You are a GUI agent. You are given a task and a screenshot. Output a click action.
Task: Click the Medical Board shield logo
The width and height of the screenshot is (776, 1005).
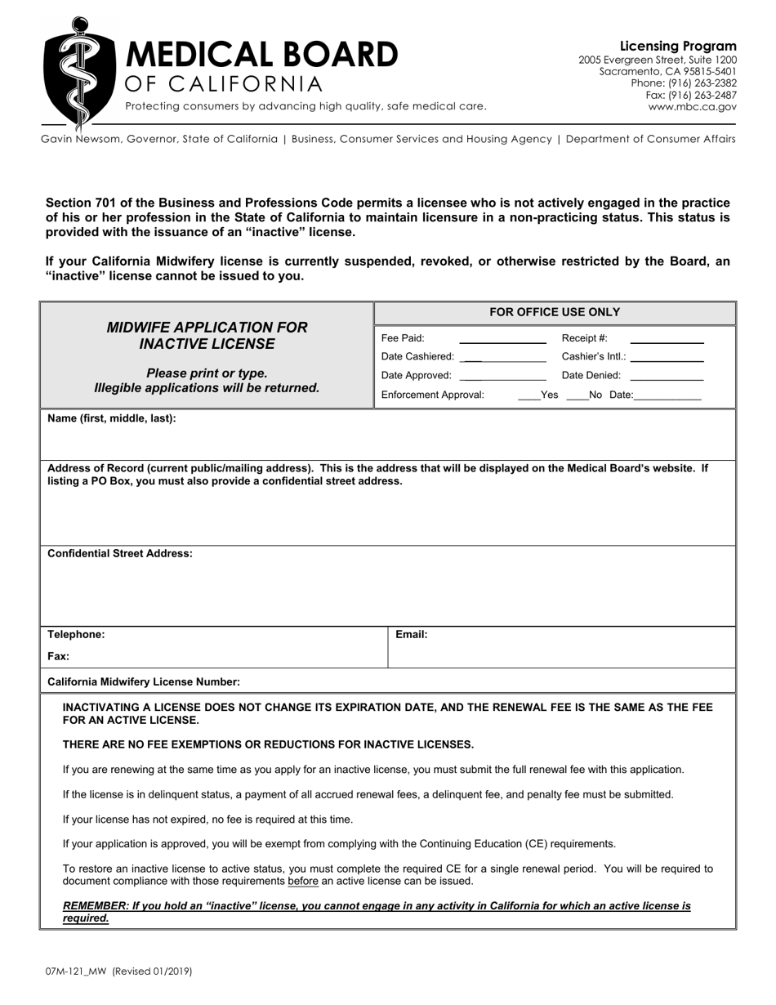[x=78, y=69]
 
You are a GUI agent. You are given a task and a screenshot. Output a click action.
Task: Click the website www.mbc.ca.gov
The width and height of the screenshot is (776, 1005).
[x=692, y=106]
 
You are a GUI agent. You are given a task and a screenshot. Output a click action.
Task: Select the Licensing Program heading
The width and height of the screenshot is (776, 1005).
[x=678, y=47]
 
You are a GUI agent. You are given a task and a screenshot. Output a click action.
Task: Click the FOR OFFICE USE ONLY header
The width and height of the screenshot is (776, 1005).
[x=555, y=312]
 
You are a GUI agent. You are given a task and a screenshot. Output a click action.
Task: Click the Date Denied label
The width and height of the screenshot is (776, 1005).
[x=591, y=376]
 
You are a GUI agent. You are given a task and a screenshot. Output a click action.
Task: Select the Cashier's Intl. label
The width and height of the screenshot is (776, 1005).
[x=594, y=357]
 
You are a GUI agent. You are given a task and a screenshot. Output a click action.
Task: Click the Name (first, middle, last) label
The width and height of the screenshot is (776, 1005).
[x=112, y=418]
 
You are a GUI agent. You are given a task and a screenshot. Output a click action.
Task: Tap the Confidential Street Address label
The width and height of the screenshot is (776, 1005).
[x=120, y=554]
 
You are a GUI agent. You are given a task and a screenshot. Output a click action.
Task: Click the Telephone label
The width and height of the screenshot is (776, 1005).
[x=76, y=635]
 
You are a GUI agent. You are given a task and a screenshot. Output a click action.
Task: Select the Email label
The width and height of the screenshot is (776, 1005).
[x=412, y=635]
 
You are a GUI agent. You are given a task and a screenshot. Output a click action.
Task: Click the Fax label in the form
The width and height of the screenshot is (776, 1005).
[x=59, y=656]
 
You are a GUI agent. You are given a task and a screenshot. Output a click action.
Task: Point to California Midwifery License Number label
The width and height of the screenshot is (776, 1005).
[x=144, y=681]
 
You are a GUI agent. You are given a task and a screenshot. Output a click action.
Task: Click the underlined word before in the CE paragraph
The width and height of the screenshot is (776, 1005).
[x=302, y=882]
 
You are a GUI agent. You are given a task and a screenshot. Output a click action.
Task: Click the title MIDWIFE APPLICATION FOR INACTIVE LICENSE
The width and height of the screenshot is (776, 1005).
[x=207, y=336]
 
